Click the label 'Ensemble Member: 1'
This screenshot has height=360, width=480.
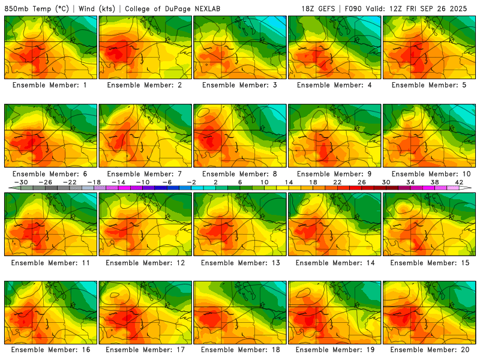51,85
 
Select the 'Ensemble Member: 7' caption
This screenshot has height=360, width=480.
146,174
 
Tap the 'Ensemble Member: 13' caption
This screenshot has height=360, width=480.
241,263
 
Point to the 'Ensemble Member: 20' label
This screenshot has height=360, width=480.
430,349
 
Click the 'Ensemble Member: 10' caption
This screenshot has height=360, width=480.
430,174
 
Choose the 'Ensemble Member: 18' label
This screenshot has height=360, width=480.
241,349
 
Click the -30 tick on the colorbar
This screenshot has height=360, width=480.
22,182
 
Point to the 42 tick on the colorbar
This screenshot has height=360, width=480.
460,182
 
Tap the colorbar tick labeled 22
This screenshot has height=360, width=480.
337,182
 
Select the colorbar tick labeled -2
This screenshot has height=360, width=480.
191,182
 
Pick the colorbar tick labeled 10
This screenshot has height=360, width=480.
265,182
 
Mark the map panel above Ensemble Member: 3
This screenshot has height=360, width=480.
239,47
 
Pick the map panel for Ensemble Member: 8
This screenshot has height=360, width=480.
239,136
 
